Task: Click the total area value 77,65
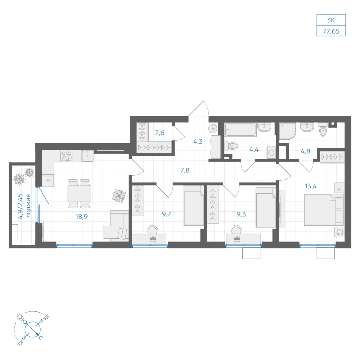point(331,31)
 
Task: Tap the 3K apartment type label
point(331,20)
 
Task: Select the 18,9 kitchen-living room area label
point(81,216)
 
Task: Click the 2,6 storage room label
point(159,133)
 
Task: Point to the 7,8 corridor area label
point(185,170)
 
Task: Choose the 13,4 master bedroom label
point(311,186)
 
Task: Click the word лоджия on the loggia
point(28,206)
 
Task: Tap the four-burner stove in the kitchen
point(67,156)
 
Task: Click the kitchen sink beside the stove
point(88,156)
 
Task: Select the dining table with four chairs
point(79,194)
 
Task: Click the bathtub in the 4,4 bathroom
point(240,130)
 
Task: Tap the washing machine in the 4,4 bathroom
point(271,152)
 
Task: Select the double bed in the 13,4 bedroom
point(324,210)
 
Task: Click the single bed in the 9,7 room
point(194,206)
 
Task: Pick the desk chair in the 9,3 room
point(237,229)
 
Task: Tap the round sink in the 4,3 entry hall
point(213,129)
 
